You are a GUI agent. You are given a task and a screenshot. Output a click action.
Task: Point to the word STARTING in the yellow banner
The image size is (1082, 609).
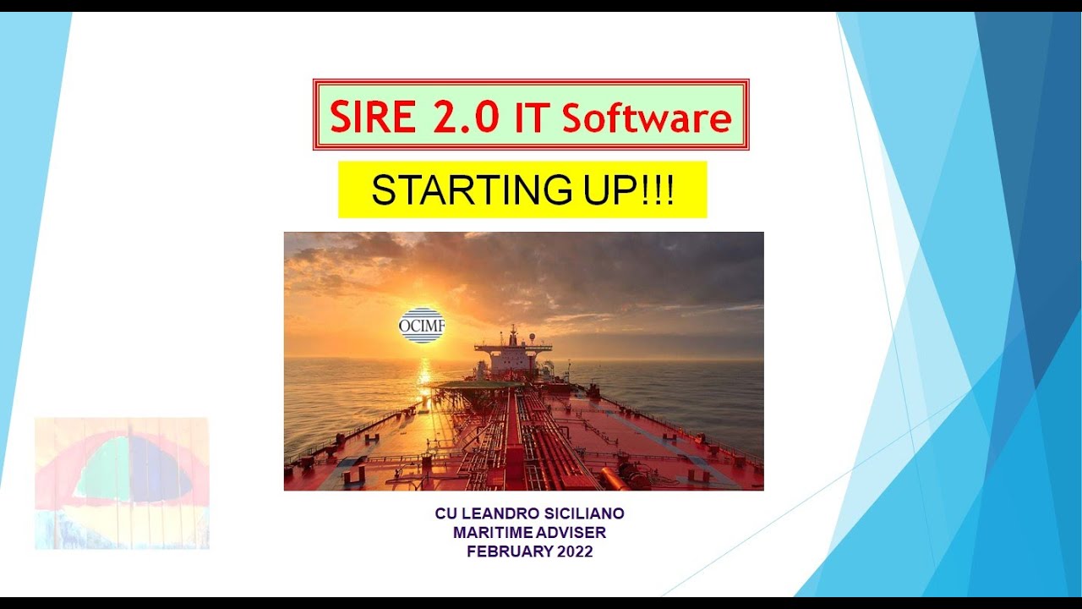click(473, 190)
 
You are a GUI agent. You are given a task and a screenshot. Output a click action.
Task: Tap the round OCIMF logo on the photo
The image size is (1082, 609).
click(421, 325)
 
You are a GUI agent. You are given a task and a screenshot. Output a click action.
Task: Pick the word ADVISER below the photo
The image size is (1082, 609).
click(574, 532)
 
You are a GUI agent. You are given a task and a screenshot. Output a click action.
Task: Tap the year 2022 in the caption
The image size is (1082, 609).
click(574, 551)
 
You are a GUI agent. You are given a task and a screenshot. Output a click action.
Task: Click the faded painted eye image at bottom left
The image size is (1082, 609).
click(122, 482)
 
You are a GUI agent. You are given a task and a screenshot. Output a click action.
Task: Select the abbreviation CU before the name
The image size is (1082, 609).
click(445, 513)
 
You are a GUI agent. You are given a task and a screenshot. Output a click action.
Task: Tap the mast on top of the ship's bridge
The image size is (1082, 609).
click(512, 332)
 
